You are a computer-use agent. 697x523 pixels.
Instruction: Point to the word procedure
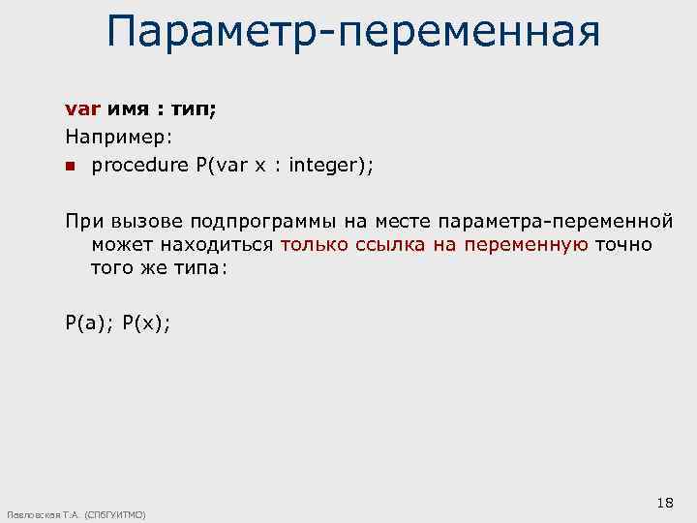(140, 166)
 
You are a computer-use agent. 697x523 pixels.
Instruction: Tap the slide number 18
(664, 502)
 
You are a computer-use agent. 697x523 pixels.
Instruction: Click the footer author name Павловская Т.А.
(45, 514)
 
